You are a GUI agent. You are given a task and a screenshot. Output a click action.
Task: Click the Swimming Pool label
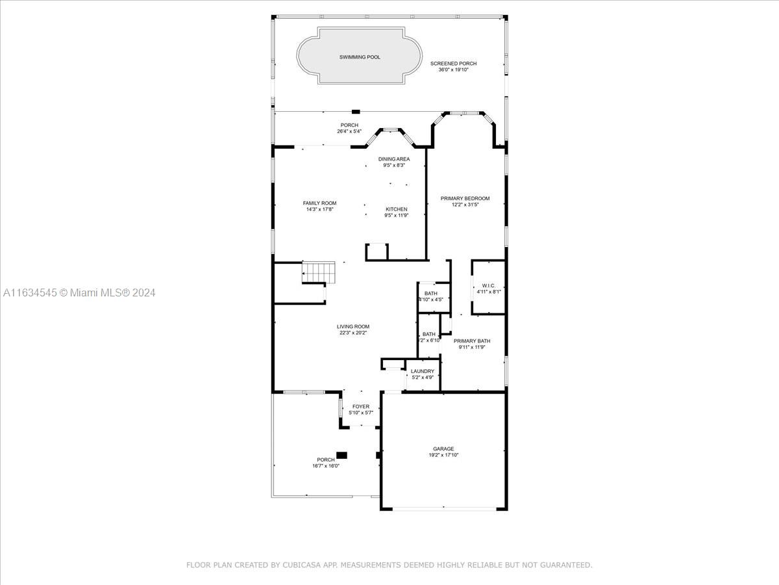click(360, 57)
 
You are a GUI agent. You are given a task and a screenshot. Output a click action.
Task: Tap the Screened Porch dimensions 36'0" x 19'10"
click(453, 70)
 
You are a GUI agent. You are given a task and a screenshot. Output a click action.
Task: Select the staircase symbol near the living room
click(318, 272)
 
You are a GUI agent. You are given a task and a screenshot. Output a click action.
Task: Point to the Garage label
click(443, 448)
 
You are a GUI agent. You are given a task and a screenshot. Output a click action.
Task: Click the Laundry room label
click(423, 371)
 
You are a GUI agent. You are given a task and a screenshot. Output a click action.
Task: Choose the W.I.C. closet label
click(488, 285)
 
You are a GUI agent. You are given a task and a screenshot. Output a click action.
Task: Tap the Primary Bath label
click(472, 341)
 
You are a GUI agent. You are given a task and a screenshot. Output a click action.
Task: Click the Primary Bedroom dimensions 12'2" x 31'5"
click(465, 205)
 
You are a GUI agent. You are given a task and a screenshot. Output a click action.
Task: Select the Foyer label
click(360, 406)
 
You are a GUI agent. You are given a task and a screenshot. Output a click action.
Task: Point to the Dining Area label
click(394, 159)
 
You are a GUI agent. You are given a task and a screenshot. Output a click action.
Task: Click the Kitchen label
click(397, 209)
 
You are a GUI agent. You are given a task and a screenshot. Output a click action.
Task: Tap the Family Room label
click(319, 203)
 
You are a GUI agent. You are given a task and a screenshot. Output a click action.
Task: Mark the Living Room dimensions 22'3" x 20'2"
click(352, 333)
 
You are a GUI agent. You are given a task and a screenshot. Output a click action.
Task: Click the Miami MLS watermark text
click(79, 292)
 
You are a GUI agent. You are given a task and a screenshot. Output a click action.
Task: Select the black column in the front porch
click(341, 455)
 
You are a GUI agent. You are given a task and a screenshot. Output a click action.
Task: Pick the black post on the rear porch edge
click(356, 112)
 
